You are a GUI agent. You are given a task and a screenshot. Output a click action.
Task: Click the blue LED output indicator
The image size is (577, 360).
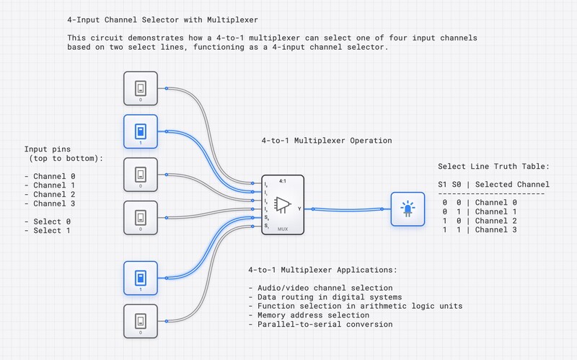coord(408,209)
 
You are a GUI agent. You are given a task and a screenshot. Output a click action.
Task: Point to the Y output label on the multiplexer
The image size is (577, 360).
coord(299,208)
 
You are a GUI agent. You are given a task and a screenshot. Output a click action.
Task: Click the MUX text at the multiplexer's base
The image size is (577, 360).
coord(283,229)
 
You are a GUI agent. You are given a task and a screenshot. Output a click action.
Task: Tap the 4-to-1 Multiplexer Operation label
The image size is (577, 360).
coord(326,141)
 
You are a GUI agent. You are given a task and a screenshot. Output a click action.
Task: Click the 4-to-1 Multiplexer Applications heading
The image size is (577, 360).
coord(322,270)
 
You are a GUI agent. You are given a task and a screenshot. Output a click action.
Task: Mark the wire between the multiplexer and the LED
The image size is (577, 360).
coord(346,208)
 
